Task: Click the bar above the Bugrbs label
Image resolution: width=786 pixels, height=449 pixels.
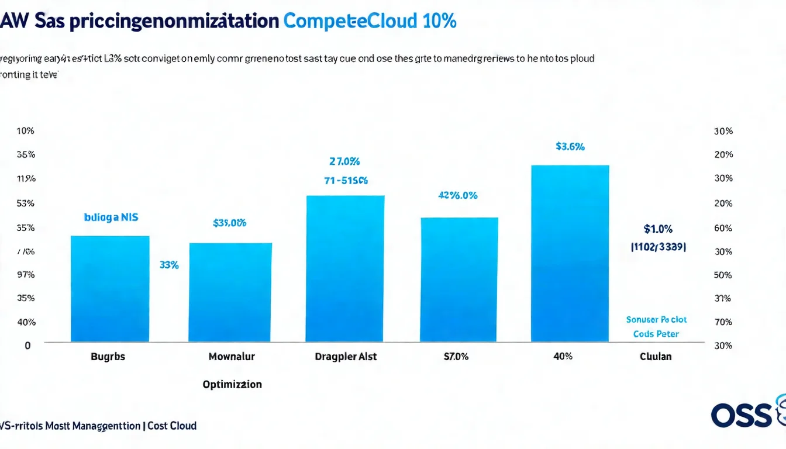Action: pyautogui.click(x=110, y=288)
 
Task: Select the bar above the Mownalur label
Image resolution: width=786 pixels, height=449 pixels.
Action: pyautogui.click(x=230, y=292)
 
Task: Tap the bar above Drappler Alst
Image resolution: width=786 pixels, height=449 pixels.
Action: pyautogui.click(x=345, y=268)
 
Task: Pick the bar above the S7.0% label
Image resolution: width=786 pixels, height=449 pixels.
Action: pyautogui.click(x=459, y=279)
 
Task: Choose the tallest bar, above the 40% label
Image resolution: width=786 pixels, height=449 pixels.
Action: pyautogui.click(x=570, y=253)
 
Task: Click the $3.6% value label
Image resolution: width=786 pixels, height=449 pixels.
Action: pyautogui.click(x=570, y=147)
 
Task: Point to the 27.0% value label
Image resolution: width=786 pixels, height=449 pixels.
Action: pyautogui.click(x=344, y=161)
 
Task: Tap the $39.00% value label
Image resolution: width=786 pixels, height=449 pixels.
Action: pyautogui.click(x=230, y=223)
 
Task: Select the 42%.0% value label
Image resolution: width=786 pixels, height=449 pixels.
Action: pyautogui.click(x=458, y=196)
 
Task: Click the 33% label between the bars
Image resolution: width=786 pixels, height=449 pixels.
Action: pyautogui.click(x=169, y=265)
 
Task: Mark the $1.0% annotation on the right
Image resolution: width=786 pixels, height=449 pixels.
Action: pyautogui.click(x=658, y=229)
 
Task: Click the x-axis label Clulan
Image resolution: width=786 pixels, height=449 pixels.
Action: pyautogui.click(x=656, y=356)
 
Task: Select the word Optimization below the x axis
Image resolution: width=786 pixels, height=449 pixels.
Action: pyautogui.click(x=232, y=384)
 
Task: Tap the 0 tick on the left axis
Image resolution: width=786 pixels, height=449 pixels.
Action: pyautogui.click(x=27, y=346)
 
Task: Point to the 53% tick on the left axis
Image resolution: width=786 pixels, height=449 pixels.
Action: pyautogui.click(x=26, y=203)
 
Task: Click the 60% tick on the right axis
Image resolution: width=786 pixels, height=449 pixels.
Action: pyautogui.click(x=723, y=229)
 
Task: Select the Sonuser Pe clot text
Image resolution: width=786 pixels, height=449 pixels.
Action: pyautogui.click(x=656, y=320)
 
